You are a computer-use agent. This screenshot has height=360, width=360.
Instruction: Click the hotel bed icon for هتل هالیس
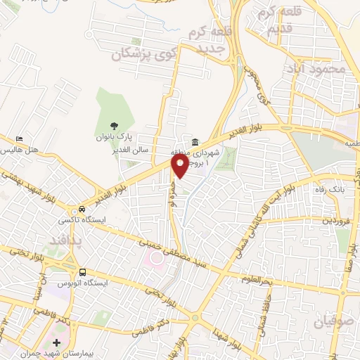coord(20,139)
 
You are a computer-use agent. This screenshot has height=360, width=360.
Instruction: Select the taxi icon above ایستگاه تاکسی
coord(82,209)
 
